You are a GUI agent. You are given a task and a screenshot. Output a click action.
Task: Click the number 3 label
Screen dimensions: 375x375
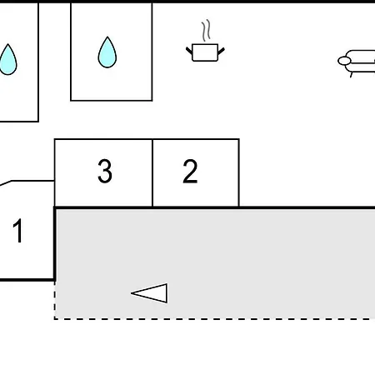tap(105, 171)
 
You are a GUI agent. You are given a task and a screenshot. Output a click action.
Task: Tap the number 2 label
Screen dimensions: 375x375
tap(190, 171)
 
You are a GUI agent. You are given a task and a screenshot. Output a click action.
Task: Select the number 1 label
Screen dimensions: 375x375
tap(18, 231)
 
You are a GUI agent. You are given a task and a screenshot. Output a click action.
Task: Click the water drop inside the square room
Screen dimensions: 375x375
tap(107, 52)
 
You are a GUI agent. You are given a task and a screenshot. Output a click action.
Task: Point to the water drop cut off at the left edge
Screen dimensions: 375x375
tap(8, 59)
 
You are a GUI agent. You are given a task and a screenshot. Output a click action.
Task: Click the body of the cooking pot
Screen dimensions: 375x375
tap(205, 52)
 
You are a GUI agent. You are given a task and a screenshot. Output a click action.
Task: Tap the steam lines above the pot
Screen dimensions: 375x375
tap(206, 31)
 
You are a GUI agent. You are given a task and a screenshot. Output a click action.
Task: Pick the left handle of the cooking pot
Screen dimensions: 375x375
tap(189, 51)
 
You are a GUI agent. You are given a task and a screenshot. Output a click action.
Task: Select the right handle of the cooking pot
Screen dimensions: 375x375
tap(221, 51)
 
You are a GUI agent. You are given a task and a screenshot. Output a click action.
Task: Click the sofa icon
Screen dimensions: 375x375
tap(357, 62)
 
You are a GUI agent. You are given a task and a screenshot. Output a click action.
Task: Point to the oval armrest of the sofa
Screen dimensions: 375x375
tap(344, 61)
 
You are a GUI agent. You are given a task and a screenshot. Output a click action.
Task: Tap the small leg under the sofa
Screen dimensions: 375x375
tap(352, 75)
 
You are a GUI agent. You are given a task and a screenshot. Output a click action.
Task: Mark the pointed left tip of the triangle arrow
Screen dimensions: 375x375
tap(131, 293)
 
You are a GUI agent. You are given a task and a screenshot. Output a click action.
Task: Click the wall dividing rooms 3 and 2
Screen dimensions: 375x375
tap(152, 172)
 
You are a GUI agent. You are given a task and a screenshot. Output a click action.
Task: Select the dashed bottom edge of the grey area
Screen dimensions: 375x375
tap(214, 319)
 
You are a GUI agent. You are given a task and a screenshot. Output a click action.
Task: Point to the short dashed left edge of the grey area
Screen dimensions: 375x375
tap(55, 300)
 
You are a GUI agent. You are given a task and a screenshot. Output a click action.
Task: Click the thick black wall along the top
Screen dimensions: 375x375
tap(187, 2)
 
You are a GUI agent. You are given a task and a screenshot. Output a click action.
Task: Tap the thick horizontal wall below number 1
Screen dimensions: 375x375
tap(27, 280)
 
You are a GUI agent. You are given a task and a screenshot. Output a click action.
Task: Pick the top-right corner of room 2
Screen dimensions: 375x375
tap(239, 139)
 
